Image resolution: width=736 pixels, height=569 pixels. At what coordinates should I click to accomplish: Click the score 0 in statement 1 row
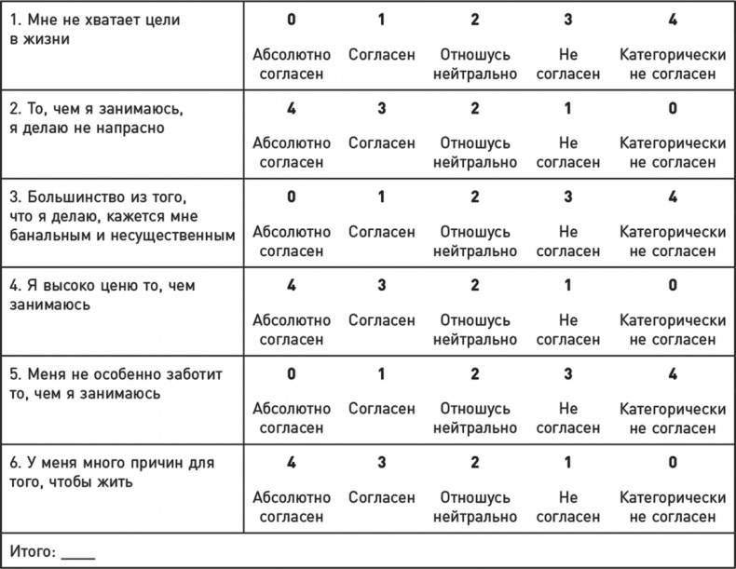(292, 20)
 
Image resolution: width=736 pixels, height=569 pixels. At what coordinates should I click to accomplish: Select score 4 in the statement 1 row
(673, 20)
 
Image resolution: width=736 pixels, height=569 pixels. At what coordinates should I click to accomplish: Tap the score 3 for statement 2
(381, 109)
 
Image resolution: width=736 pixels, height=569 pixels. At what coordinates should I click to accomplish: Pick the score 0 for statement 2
(673, 109)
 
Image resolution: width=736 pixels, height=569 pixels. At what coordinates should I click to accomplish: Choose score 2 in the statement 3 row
(475, 197)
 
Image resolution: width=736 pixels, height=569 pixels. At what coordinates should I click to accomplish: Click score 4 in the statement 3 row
(673, 197)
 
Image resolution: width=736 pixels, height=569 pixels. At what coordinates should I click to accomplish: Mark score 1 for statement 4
(568, 286)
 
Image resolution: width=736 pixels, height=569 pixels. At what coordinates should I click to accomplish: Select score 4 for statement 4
(292, 286)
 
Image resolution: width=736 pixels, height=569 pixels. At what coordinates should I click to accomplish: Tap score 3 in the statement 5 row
(568, 374)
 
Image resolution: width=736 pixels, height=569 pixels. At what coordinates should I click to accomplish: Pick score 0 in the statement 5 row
(292, 374)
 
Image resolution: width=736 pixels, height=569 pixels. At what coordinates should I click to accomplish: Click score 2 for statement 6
(475, 463)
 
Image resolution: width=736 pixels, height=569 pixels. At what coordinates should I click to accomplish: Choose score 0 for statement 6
(673, 463)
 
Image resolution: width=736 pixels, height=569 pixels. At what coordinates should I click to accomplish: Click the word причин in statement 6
(159, 463)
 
